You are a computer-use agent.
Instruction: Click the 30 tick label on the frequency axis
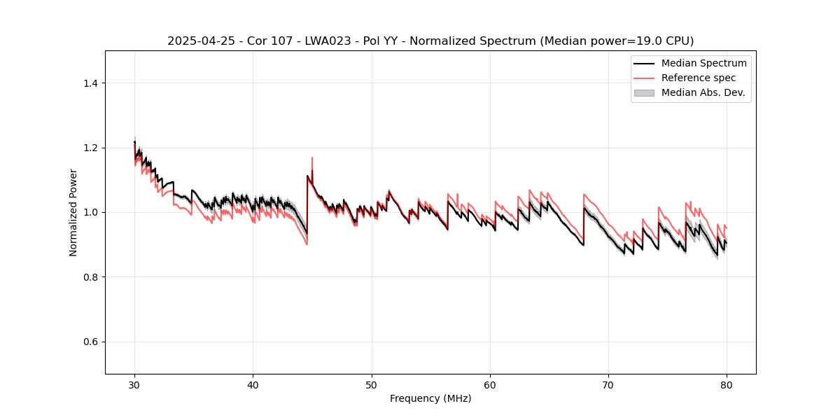pyautogui.click(x=134, y=384)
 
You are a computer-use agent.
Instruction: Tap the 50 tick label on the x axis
pyautogui.click(x=372, y=384)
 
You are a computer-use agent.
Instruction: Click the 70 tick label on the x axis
pyautogui.click(x=608, y=384)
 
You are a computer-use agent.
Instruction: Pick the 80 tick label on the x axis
pyautogui.click(x=727, y=384)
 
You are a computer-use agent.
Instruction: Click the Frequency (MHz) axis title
pyautogui.click(x=430, y=399)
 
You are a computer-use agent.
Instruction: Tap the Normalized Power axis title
pyautogui.click(x=73, y=212)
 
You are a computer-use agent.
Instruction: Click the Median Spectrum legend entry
pyautogui.click(x=703, y=63)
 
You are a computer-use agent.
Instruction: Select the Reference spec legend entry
pyautogui.click(x=698, y=78)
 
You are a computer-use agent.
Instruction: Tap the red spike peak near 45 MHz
pyautogui.click(x=312, y=158)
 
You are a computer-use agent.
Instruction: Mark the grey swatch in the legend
pyautogui.click(x=644, y=92)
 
